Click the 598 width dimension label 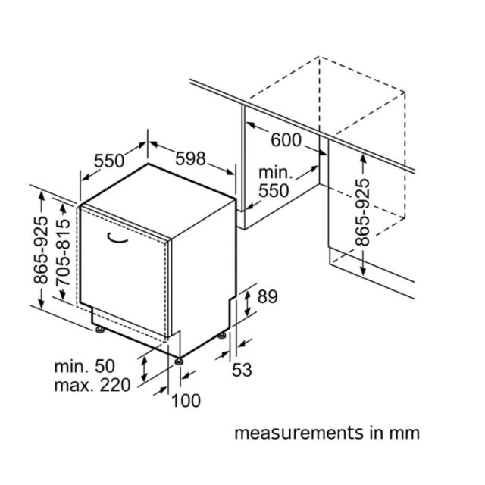tap(190, 158)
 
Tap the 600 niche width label tap(286, 140)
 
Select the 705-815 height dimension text tap(63, 252)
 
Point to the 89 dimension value tap(268, 296)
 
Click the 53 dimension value tap(242, 370)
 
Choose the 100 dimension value tap(186, 401)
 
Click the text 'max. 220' tap(92, 386)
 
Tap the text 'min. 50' tap(84, 366)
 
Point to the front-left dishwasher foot tap(99, 330)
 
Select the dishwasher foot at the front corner tap(178, 361)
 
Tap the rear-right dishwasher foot tap(222, 335)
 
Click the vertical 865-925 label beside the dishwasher tap(41, 250)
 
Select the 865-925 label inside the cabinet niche tap(362, 212)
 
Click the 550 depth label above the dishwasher tap(109, 161)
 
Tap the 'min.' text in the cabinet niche tap(275, 173)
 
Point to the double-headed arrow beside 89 tap(247, 304)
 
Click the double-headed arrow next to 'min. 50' tap(144, 369)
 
